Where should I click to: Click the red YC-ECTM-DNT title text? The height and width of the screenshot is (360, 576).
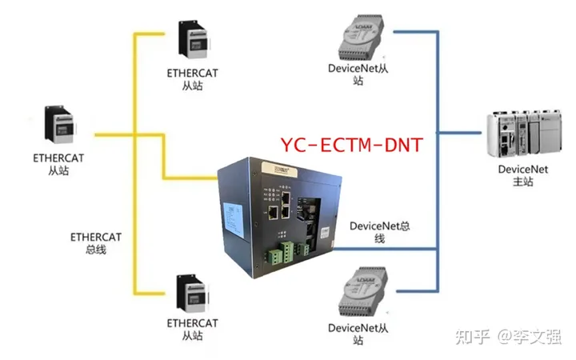pyautogui.click(x=351, y=145)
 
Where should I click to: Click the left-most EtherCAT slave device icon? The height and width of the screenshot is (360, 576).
pyautogui.click(x=60, y=125)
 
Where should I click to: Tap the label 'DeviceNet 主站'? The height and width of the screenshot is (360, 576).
pyautogui.click(x=522, y=175)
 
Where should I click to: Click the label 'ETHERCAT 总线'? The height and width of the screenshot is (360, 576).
pyautogui.click(x=95, y=243)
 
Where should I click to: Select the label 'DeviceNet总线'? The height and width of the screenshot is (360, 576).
pyautogui.click(x=380, y=232)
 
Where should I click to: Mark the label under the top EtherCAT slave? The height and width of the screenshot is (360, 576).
pyautogui.click(x=193, y=78)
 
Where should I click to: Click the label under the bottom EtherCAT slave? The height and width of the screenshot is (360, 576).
pyautogui.click(x=193, y=330)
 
